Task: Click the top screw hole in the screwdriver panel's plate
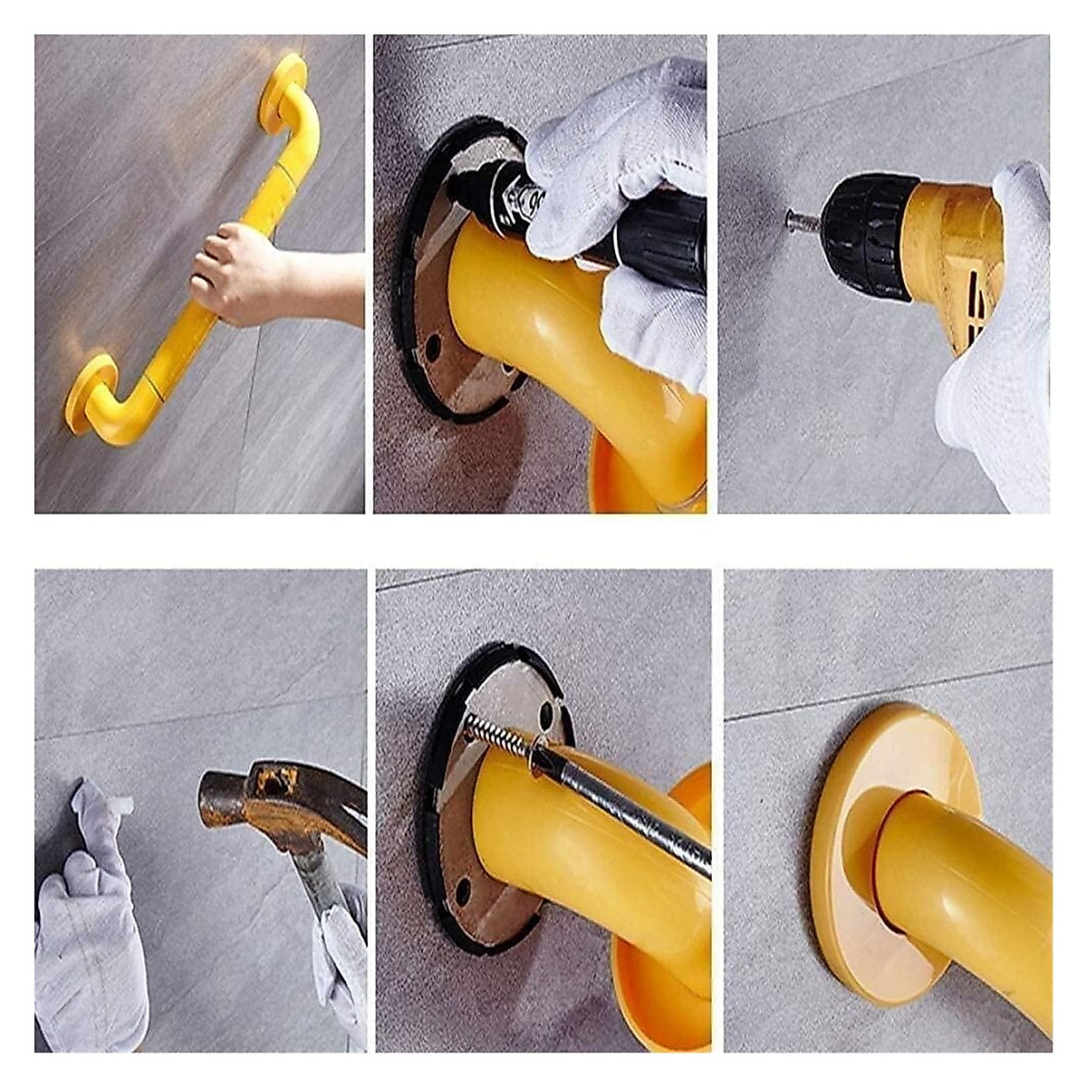pos(546,715)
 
